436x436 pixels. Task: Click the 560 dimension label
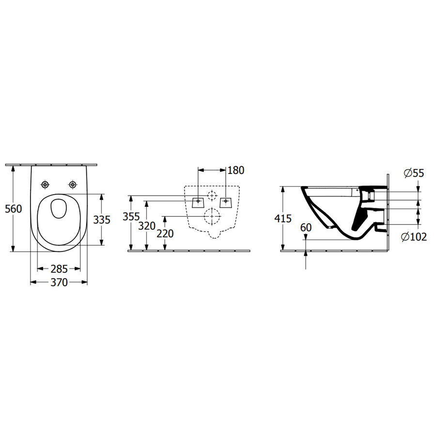point(14,208)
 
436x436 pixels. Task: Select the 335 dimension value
point(102,219)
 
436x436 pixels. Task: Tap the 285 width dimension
point(59,269)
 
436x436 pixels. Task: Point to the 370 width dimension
point(59,282)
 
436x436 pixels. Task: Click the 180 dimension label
point(236,170)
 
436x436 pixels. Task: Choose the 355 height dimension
point(131,217)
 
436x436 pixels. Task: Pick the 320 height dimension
point(147,226)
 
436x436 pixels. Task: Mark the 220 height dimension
point(165,234)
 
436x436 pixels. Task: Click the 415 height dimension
point(283,218)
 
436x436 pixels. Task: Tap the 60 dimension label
point(306,228)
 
